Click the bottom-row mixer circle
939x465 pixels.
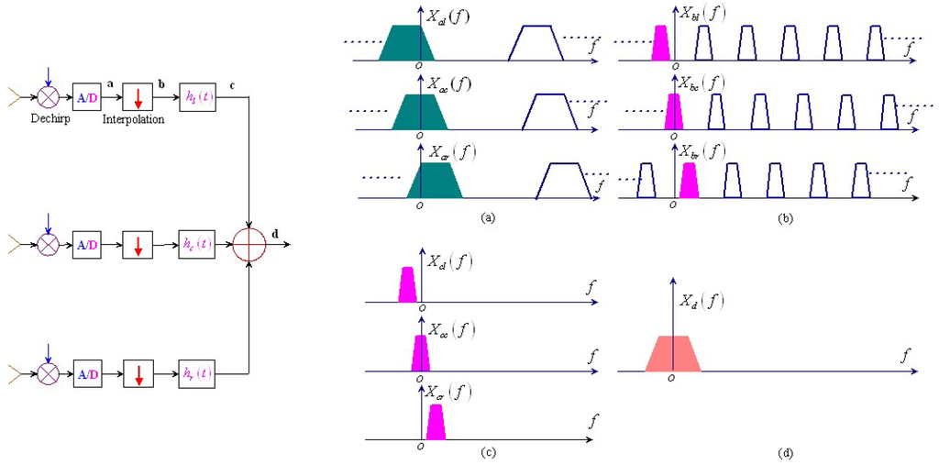[48, 374]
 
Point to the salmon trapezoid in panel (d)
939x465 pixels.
[673, 354]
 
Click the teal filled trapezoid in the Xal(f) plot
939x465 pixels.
[406, 43]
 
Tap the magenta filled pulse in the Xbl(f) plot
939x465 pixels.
[659, 43]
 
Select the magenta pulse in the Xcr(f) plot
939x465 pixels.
[436, 421]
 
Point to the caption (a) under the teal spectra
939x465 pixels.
[488, 218]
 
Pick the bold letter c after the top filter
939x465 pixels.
[232, 85]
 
